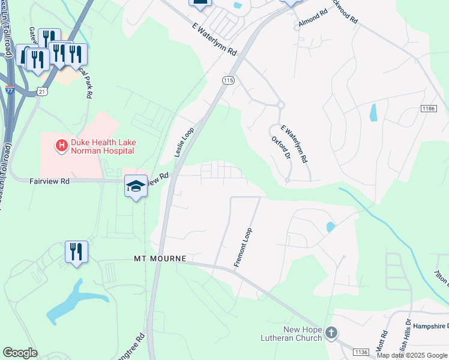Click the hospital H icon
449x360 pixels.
(61, 145)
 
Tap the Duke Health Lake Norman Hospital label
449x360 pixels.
(103, 146)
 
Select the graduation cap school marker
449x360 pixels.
(136, 187)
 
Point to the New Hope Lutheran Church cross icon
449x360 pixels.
(331, 332)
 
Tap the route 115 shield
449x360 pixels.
(228, 80)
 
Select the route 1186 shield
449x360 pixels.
(428, 109)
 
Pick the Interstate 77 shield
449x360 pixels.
(10, 89)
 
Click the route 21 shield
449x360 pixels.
(41, 91)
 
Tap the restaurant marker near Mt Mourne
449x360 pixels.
(76, 251)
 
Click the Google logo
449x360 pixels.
(20, 353)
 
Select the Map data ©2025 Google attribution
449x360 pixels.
(412, 355)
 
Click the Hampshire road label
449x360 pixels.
(430, 326)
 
